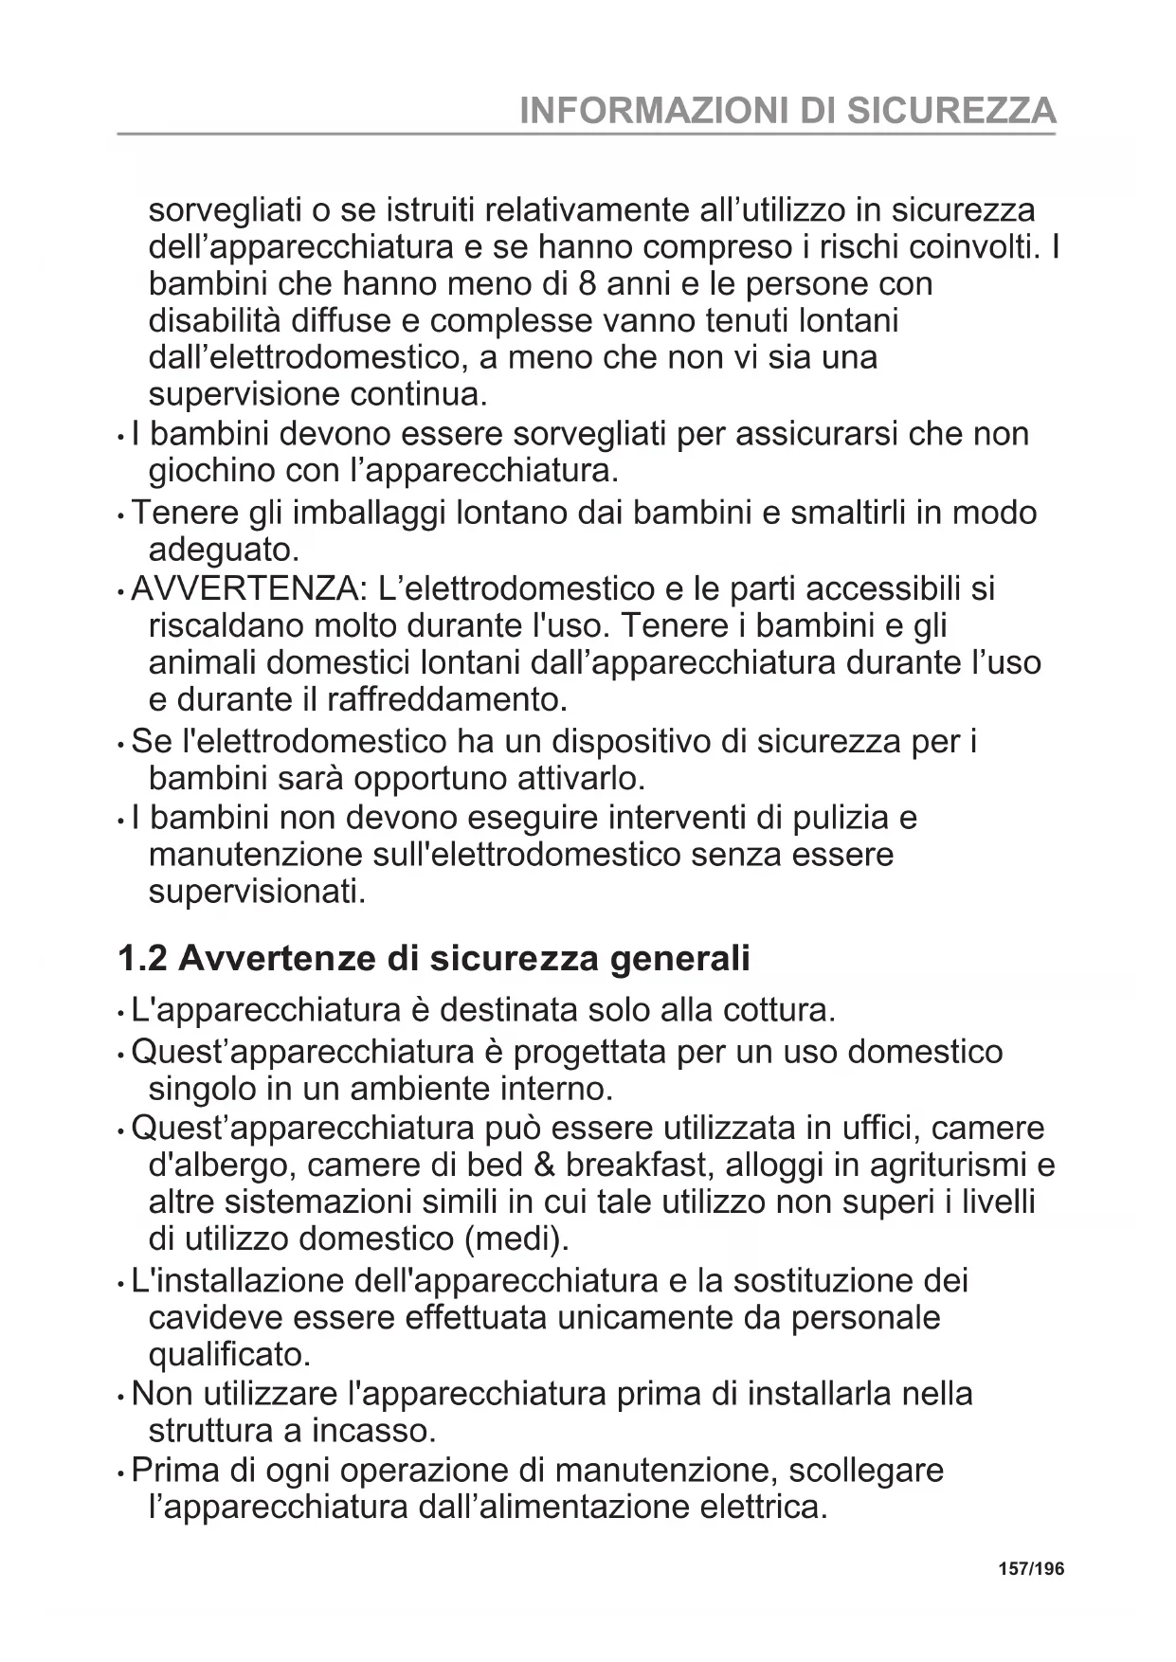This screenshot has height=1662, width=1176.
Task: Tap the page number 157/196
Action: click(1031, 1569)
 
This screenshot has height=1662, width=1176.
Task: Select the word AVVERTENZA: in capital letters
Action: click(248, 589)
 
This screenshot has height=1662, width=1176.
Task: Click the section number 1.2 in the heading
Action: click(142, 958)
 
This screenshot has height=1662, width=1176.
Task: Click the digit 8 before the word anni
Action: click(587, 283)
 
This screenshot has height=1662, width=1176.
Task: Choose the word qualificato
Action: click(229, 1354)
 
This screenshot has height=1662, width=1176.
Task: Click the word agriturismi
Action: click(950, 1165)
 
